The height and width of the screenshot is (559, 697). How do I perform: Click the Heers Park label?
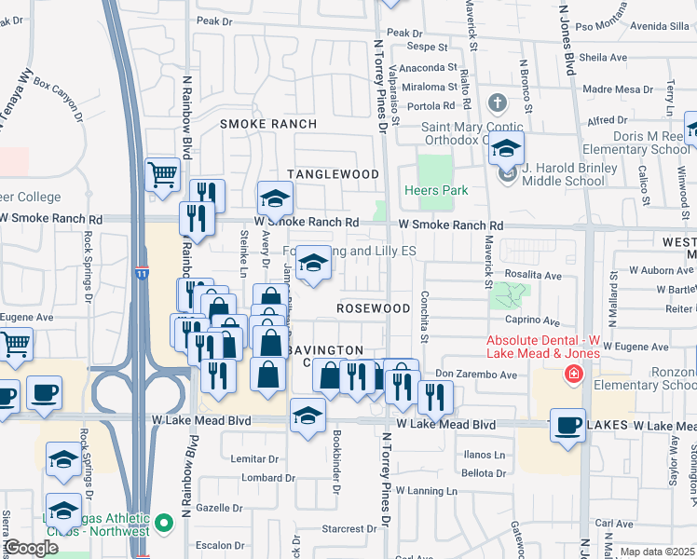(434, 190)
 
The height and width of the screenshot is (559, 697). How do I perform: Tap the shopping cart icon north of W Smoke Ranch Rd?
(163, 173)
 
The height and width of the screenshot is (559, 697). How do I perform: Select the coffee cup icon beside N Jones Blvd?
(567, 426)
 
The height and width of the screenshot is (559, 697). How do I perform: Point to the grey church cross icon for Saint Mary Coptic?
(498, 102)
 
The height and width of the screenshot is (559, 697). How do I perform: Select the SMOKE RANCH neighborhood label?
(266, 124)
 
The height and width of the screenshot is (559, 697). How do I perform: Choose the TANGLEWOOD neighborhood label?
(333, 174)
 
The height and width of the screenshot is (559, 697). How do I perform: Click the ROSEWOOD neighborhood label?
(373, 307)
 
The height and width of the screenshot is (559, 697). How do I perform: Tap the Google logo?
(30, 548)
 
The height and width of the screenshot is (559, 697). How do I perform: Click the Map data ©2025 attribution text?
(657, 552)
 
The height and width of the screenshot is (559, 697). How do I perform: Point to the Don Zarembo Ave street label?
(475, 375)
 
